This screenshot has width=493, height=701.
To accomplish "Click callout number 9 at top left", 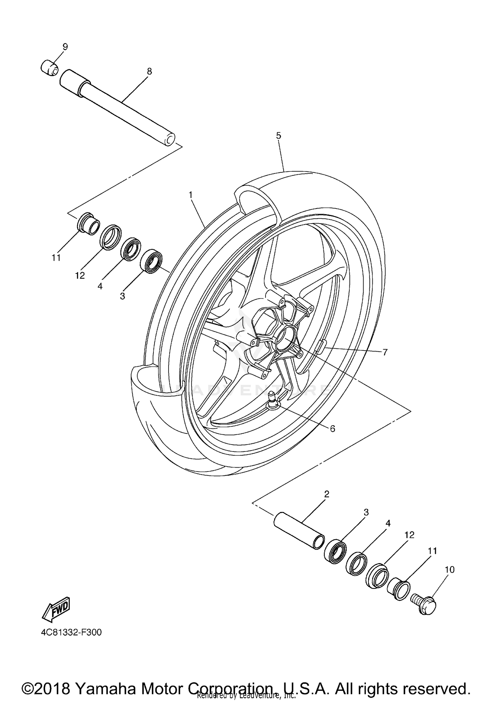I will click(65, 47).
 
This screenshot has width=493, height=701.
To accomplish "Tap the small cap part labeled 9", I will click(49, 67).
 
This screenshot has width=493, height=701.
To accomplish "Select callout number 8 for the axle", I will click(149, 71).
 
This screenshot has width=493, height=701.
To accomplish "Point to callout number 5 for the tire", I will click(279, 136).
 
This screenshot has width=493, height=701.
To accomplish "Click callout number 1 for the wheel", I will click(190, 195).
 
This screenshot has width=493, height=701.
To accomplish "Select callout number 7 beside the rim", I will click(385, 352).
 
